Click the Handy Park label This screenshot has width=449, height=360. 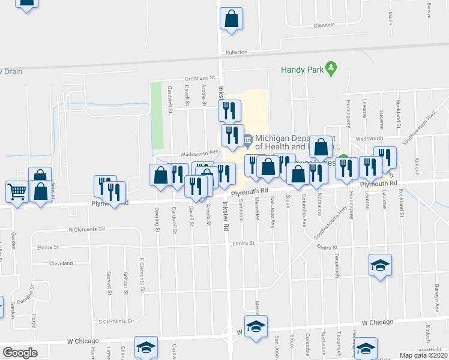(301, 69)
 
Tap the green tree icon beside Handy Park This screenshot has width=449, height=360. (330, 68)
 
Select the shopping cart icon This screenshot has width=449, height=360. (17, 192)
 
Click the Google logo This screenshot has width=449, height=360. (20, 352)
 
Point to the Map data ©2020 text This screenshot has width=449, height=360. (423, 355)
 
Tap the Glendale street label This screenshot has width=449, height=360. (324, 25)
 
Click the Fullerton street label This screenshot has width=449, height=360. (237, 52)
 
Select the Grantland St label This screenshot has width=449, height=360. (199, 78)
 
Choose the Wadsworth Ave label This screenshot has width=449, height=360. (196, 153)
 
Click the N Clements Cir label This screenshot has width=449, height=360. (87, 229)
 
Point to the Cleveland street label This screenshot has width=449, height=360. (61, 263)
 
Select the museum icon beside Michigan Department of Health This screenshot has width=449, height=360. (248, 141)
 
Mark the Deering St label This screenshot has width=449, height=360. (157, 220)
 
